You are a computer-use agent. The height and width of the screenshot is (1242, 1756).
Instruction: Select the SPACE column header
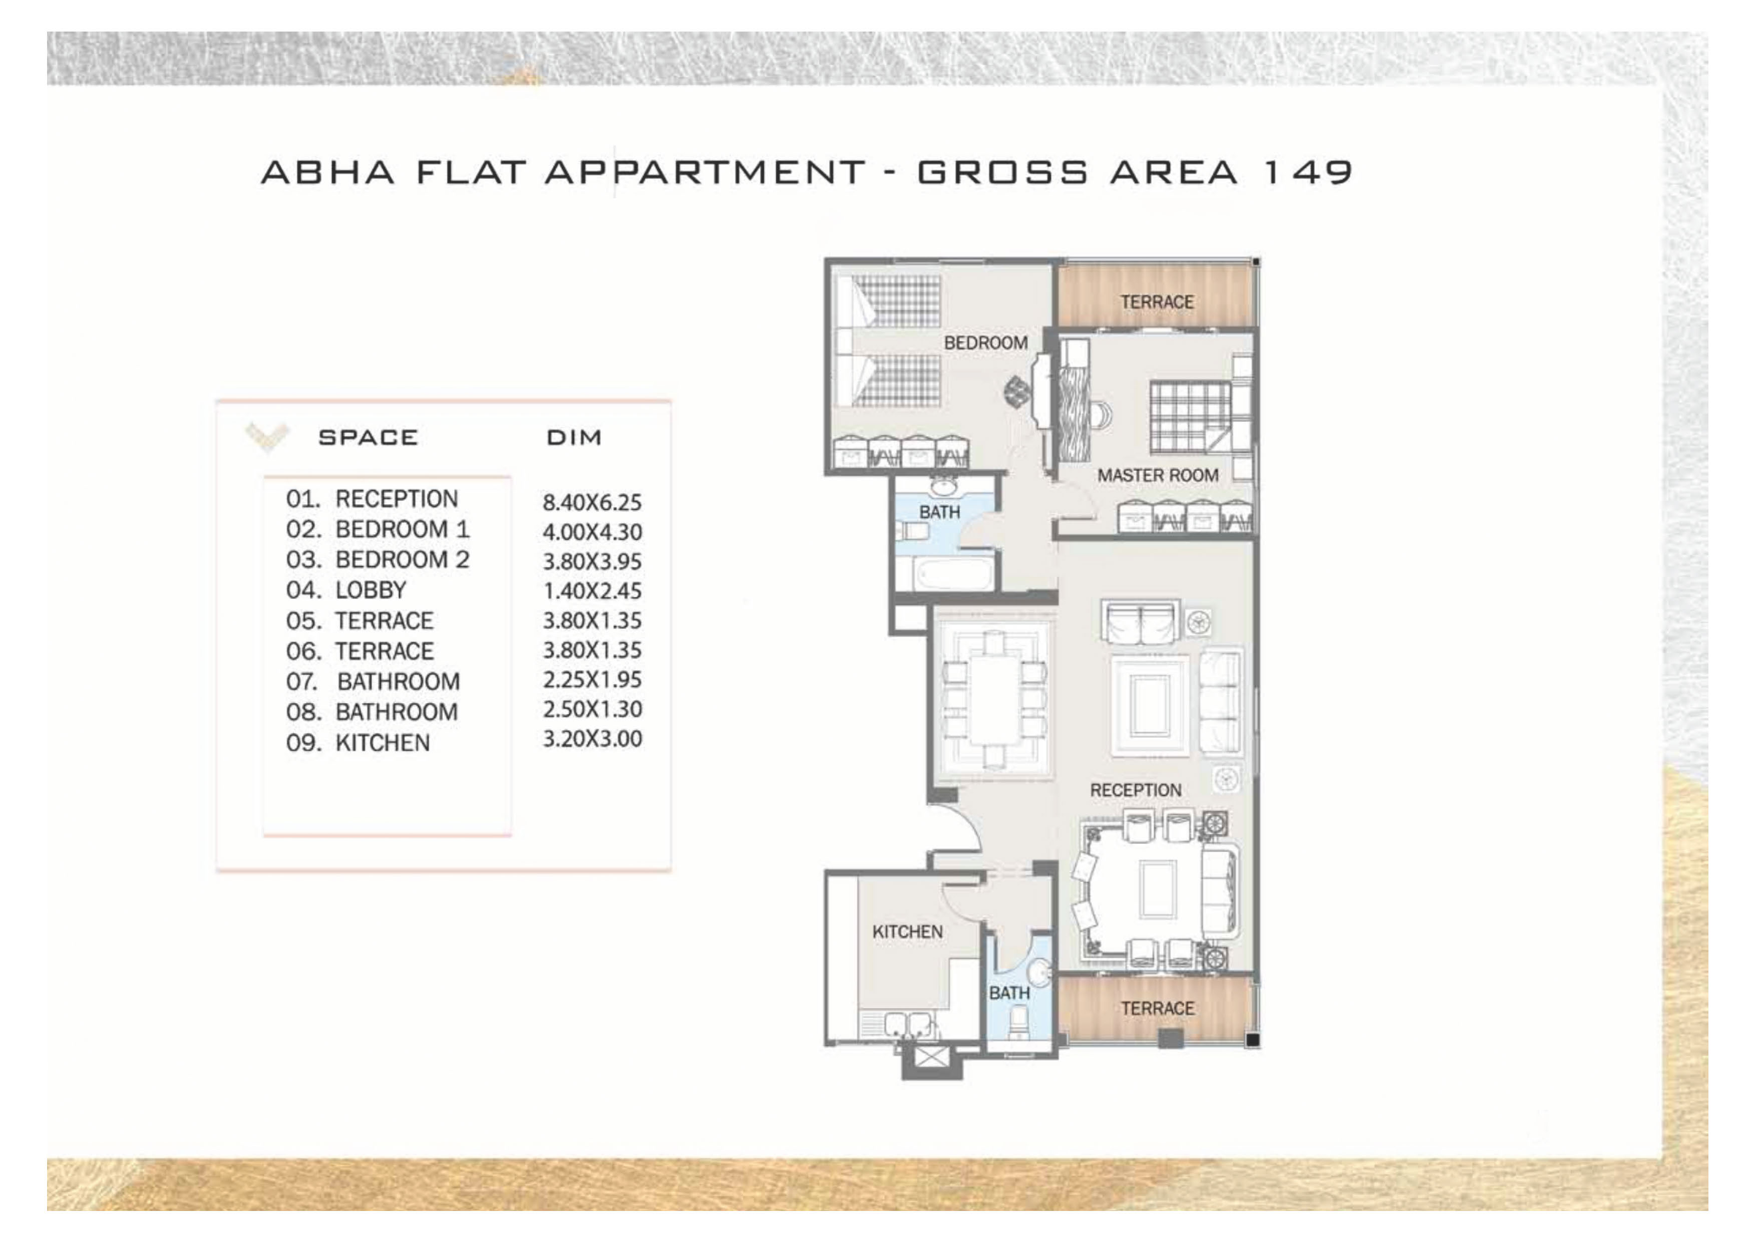[x=369, y=437]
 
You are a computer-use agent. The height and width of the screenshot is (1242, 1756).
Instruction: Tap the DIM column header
[x=574, y=437]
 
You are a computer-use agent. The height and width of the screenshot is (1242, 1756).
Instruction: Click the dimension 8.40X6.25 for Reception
[x=592, y=502]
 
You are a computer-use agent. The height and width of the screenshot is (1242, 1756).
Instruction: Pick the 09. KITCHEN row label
[x=358, y=743]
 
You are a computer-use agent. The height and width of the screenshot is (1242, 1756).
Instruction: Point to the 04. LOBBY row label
[x=346, y=590]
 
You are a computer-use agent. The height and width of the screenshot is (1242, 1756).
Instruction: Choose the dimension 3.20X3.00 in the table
[x=592, y=739]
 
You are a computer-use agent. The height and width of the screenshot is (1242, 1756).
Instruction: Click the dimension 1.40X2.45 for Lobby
[x=592, y=591]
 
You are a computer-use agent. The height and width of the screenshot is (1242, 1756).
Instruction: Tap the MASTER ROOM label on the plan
[x=1158, y=476]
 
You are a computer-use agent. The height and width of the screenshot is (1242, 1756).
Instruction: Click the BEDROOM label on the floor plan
[x=986, y=343]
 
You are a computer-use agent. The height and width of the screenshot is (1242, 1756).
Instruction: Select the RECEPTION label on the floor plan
[x=1136, y=790]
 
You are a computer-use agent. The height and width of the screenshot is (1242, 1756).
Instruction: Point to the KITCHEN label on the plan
[x=908, y=932]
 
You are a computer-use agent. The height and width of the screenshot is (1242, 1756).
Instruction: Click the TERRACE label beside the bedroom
[x=1157, y=302]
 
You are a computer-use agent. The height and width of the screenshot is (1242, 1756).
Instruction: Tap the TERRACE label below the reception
[x=1157, y=1009]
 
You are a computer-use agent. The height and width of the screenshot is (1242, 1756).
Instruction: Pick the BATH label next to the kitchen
[x=1009, y=993]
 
